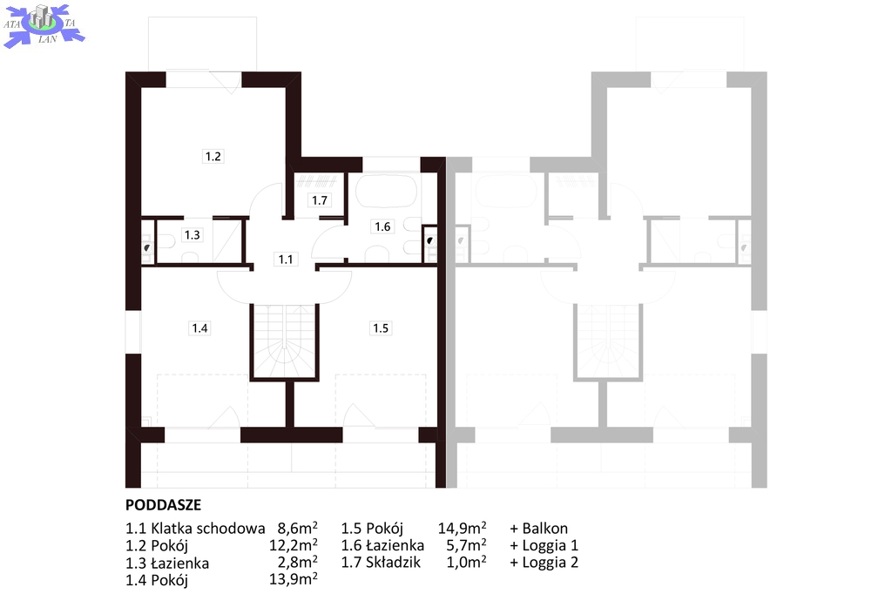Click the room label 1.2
(213, 157)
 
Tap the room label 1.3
(193, 235)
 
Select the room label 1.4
(199, 328)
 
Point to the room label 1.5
(381, 328)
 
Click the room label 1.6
(382, 227)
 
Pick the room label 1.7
(320, 200)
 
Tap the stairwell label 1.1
(286, 260)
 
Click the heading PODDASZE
(163, 505)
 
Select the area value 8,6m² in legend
(298, 528)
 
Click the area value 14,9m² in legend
(462, 528)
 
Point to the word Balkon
(545, 528)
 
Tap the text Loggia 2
(551, 563)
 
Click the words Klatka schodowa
(207, 528)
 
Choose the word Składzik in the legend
(393, 563)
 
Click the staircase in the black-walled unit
(284, 341)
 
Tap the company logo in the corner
(44, 25)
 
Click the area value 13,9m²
(293, 580)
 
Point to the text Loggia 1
(551, 545)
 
